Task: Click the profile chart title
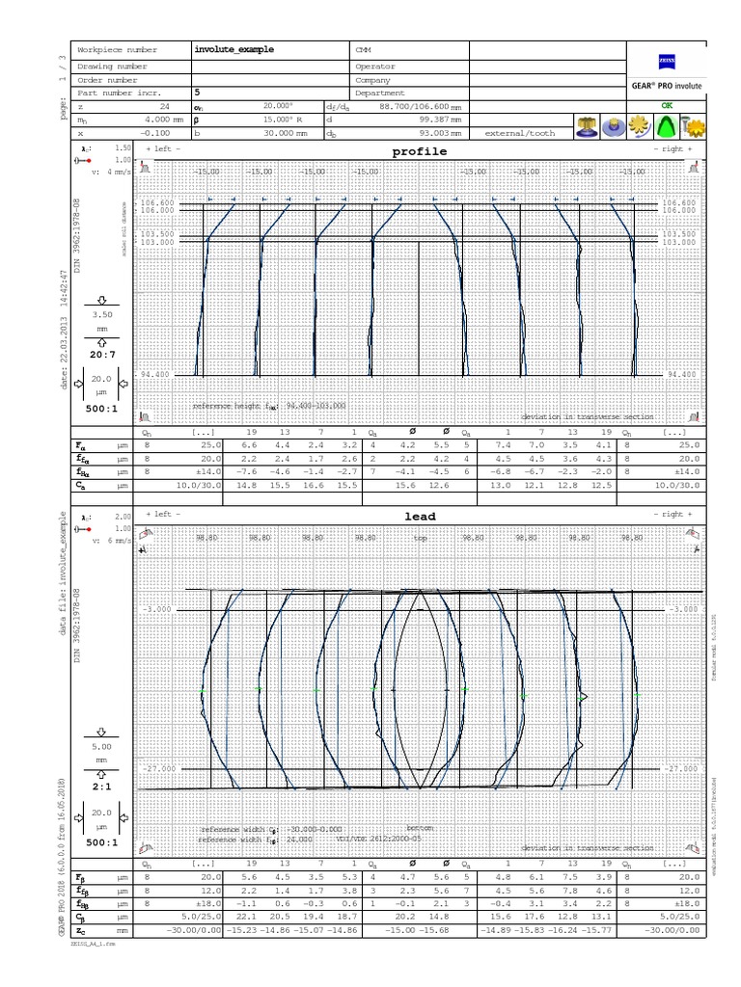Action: (x=419, y=152)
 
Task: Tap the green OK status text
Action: (x=666, y=104)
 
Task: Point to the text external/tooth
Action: (x=520, y=133)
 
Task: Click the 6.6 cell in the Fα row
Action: (x=249, y=446)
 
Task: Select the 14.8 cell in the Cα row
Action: (x=249, y=485)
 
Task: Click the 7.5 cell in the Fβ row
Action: (x=570, y=878)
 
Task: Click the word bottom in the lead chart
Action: (x=419, y=828)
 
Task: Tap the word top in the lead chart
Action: (x=420, y=539)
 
